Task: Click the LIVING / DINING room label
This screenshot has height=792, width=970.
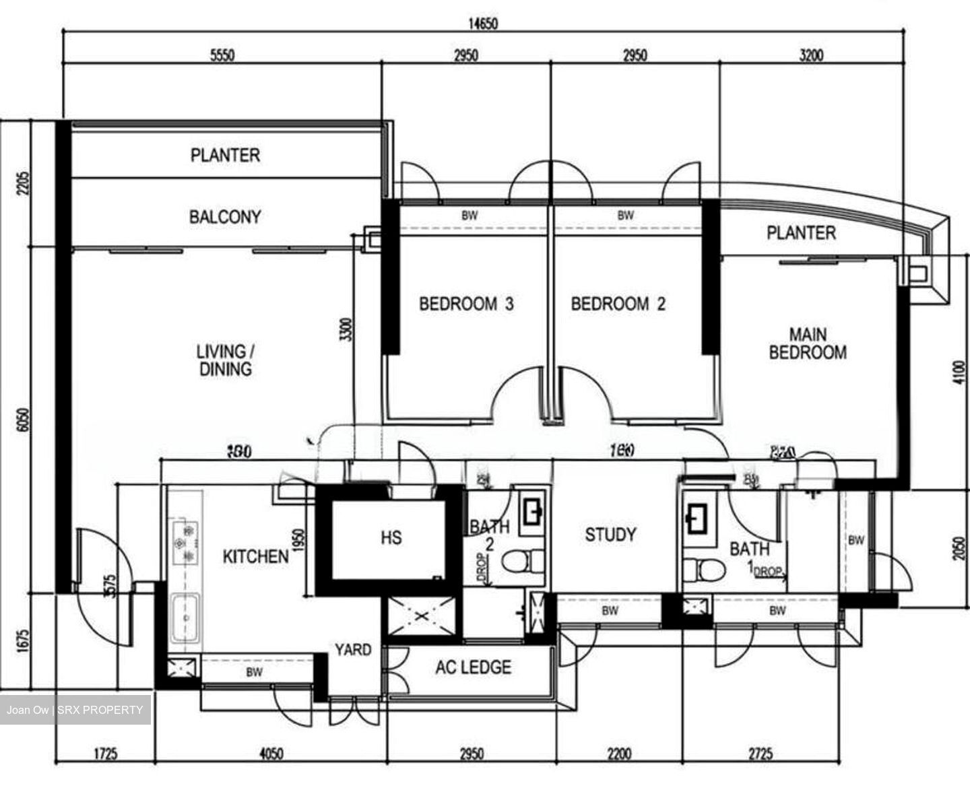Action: (x=225, y=360)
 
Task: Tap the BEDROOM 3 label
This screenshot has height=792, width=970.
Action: (x=466, y=304)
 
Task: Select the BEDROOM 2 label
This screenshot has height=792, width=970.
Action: (x=618, y=304)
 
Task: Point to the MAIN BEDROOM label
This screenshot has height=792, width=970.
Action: (x=808, y=343)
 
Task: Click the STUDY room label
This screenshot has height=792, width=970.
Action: (x=610, y=535)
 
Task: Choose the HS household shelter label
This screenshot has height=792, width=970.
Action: (x=391, y=537)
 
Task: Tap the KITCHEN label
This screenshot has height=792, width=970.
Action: (x=255, y=557)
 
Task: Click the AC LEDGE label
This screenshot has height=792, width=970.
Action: (x=473, y=667)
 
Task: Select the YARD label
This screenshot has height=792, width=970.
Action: (x=353, y=650)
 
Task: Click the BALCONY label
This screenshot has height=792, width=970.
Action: (x=225, y=217)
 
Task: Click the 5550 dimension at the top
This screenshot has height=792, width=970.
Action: (x=222, y=55)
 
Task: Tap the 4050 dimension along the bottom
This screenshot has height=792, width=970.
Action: (x=271, y=754)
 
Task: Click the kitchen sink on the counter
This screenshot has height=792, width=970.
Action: (x=185, y=618)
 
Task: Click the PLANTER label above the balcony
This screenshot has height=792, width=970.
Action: (x=225, y=156)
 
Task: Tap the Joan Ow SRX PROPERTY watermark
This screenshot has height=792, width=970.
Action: (x=75, y=710)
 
